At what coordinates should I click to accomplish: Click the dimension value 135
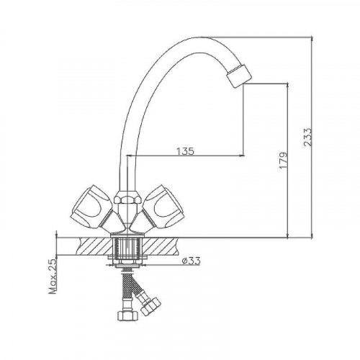(x=185, y=151)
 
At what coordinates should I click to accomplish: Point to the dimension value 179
(x=283, y=160)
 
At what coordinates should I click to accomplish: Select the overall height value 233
(x=307, y=138)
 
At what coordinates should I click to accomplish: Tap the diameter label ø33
(x=191, y=261)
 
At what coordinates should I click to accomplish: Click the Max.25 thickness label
(x=53, y=276)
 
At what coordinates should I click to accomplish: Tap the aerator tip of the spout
(x=239, y=76)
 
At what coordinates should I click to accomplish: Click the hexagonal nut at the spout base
(x=127, y=197)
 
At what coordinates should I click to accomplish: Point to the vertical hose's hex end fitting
(x=127, y=315)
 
